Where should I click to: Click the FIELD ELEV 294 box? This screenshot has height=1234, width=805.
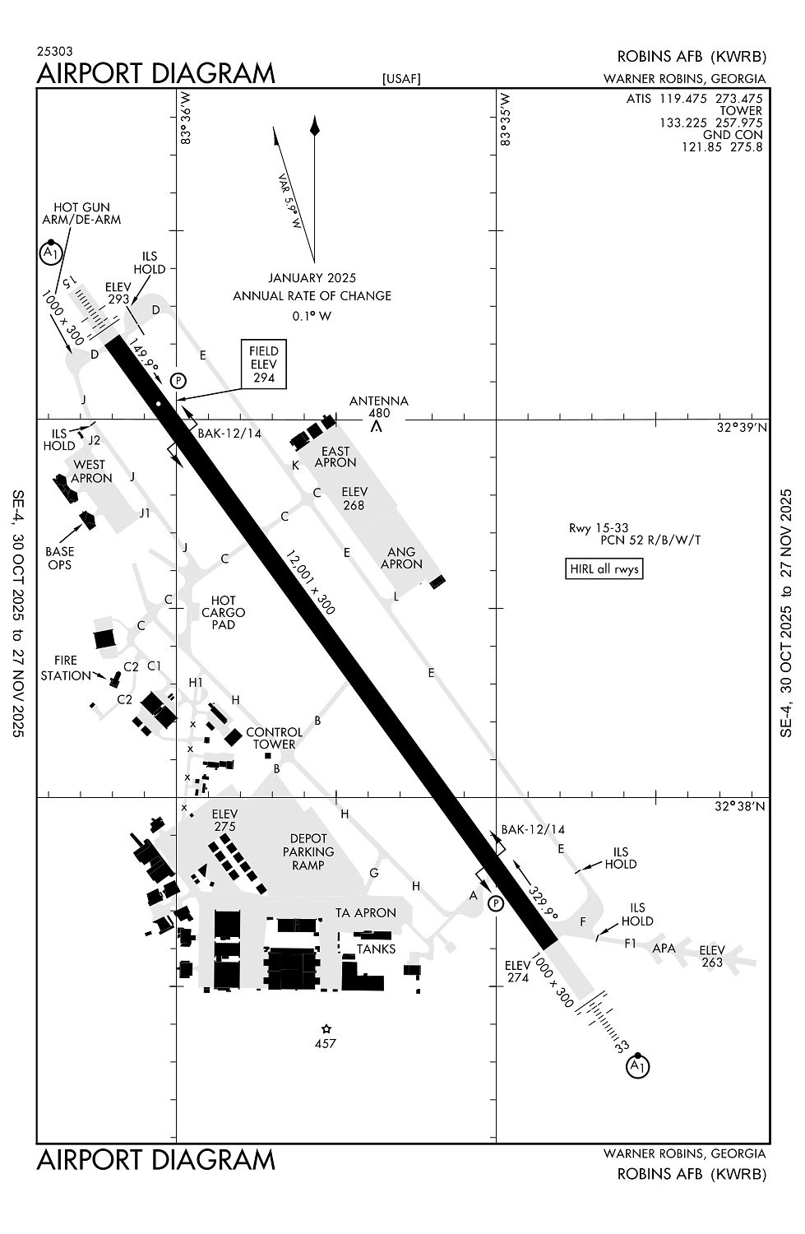(264, 364)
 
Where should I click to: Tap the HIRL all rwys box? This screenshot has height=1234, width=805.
(604, 568)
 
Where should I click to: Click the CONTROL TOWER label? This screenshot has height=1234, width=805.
(274, 738)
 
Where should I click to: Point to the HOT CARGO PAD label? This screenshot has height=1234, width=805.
(223, 612)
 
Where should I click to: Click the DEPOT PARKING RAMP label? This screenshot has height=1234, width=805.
(308, 851)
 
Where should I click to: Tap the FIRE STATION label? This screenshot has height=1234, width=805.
(66, 668)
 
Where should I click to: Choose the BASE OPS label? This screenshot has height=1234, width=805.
(59, 558)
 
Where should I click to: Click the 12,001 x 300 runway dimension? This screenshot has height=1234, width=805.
(311, 582)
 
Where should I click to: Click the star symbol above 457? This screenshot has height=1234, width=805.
(326, 1028)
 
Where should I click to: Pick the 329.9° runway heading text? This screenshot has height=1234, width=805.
(544, 902)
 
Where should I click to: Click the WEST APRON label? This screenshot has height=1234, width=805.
(90, 471)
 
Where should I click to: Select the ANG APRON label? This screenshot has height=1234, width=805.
(401, 558)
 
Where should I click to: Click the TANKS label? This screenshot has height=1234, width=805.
(376, 949)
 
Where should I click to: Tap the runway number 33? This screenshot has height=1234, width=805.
(622, 1047)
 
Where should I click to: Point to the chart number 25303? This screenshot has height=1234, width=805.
(54, 51)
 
